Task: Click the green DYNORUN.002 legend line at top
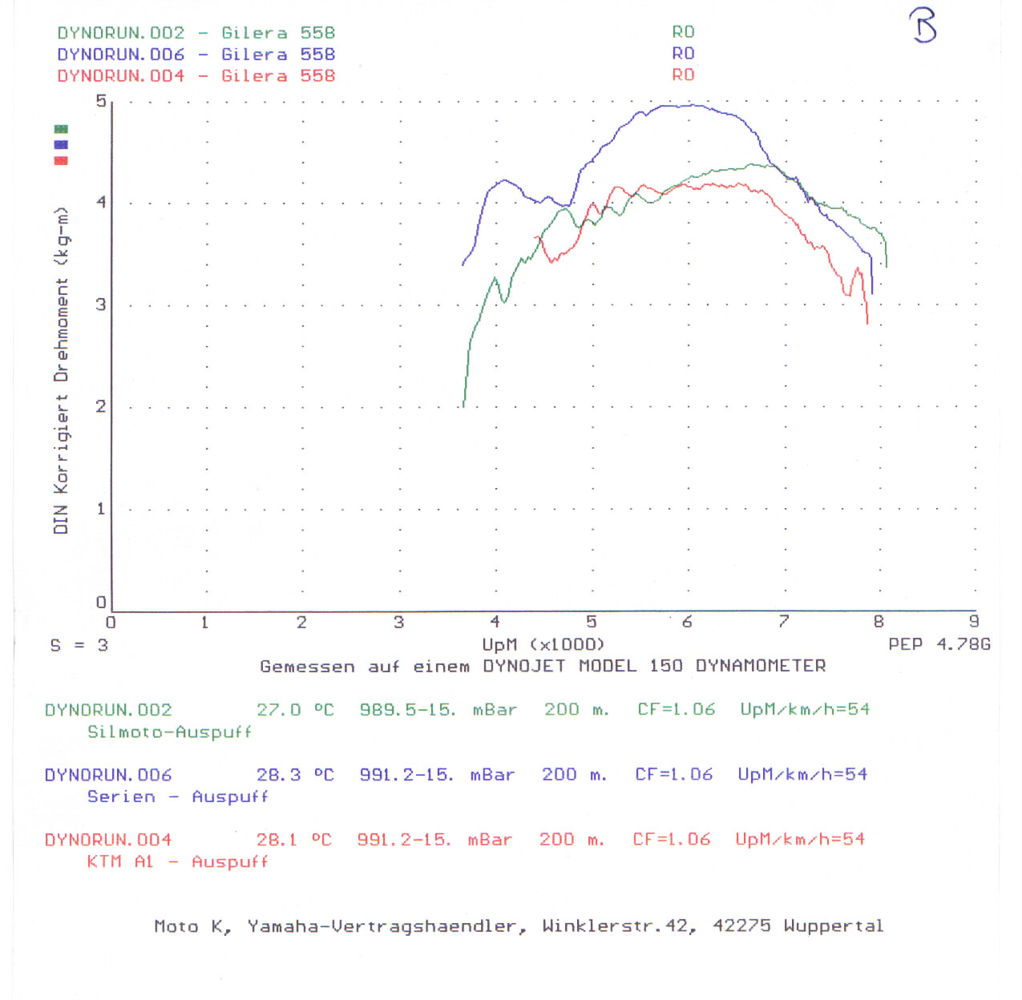click(x=196, y=33)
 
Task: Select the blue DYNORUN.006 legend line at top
click(x=196, y=54)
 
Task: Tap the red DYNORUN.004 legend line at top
click(x=196, y=76)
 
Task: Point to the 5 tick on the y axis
click(x=101, y=101)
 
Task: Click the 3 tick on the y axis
click(x=101, y=304)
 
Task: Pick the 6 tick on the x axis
click(x=687, y=622)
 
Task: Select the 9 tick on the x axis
click(x=974, y=622)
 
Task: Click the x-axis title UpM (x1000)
click(x=543, y=645)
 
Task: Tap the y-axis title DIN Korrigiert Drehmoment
click(x=61, y=370)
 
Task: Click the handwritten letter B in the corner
click(x=923, y=25)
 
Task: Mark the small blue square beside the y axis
click(x=61, y=145)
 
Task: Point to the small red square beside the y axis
click(x=61, y=160)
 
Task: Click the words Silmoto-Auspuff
click(x=169, y=732)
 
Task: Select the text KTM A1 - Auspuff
click(x=177, y=862)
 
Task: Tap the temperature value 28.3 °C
click(x=294, y=775)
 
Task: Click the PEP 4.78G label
click(x=939, y=644)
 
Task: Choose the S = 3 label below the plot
click(x=79, y=645)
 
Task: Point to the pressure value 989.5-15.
click(x=407, y=710)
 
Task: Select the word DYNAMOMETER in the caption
click(x=760, y=666)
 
